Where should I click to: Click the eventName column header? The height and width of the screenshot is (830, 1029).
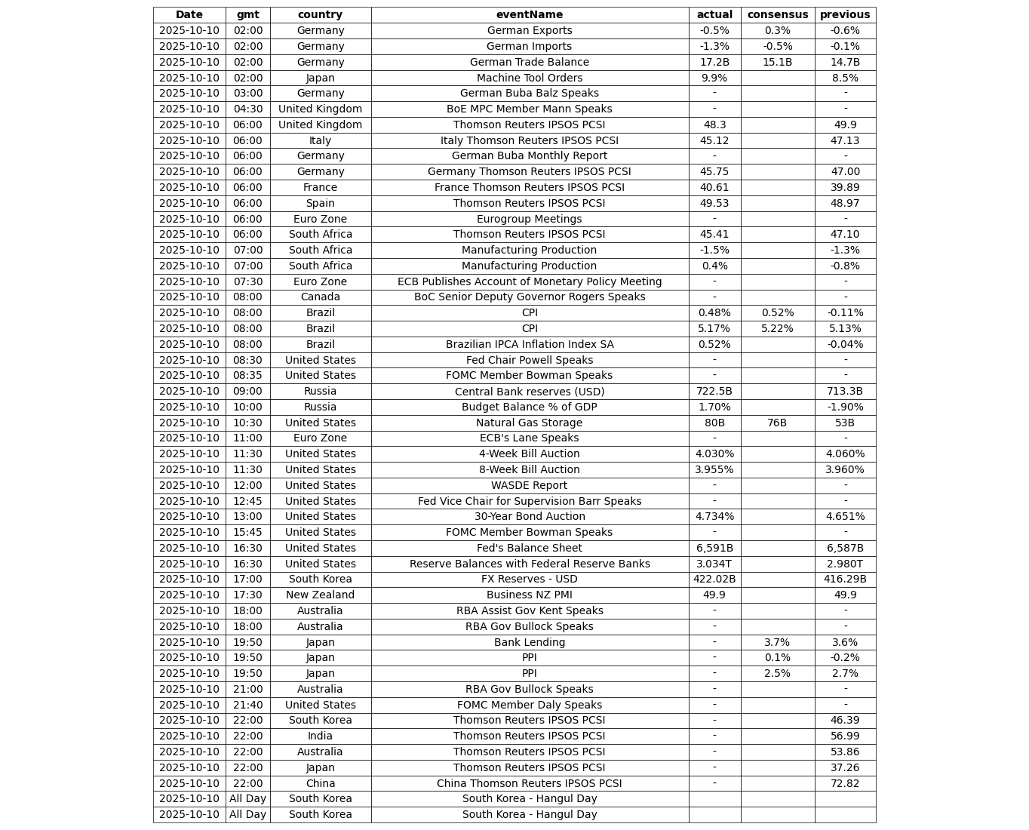coord(530,15)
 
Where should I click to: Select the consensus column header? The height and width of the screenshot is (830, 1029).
coord(777,15)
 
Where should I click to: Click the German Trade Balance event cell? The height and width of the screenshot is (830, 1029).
coord(530,63)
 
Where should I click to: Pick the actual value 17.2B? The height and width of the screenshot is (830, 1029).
coord(714,63)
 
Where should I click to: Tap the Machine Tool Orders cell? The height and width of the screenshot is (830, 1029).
coord(530,78)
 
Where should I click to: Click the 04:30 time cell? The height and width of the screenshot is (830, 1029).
coord(247,109)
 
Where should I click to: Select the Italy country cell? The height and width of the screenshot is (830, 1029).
coord(320,140)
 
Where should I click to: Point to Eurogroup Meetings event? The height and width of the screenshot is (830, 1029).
coord(530,219)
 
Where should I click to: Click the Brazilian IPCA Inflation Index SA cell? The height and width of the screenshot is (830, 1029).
coord(530,344)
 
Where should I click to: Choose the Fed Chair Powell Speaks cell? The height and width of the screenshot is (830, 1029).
coord(530,360)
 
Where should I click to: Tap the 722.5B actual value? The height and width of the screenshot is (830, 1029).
coord(714,392)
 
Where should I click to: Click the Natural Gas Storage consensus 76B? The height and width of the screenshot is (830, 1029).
coord(777,423)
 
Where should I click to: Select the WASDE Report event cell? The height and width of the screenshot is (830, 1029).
coord(530,485)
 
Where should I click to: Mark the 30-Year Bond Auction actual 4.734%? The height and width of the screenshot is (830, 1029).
coord(714,517)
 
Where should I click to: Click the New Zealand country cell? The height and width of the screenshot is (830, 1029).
coord(320,595)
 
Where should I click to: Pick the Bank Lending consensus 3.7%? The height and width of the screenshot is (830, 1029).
coord(777,642)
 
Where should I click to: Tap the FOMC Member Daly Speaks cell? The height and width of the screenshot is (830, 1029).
coord(530,705)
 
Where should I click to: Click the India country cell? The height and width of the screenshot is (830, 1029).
coord(320,736)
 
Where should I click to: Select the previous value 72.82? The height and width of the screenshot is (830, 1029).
coord(845,783)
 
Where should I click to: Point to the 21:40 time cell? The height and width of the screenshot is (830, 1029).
coord(247,705)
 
